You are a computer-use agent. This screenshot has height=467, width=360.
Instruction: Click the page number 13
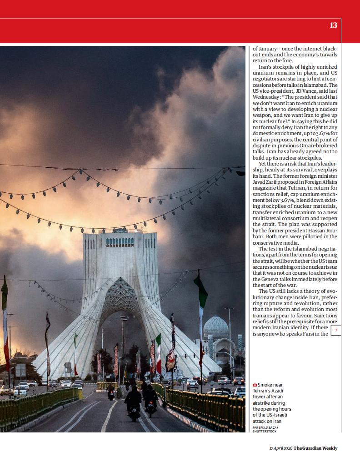333,25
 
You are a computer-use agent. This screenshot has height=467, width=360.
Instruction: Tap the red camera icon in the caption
255,385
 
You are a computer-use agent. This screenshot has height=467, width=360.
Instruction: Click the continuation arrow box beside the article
335,330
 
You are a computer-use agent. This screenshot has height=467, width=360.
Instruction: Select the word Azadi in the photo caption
277,391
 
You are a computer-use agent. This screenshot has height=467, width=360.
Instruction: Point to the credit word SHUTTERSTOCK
265,431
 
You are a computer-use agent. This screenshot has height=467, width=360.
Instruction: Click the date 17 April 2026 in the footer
280,448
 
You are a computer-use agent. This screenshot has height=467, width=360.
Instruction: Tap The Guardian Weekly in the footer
315,448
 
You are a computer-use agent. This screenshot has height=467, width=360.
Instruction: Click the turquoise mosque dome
215,325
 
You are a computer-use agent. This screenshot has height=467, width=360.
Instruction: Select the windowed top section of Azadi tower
120,241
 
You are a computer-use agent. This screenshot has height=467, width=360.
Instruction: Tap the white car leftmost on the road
20,391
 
